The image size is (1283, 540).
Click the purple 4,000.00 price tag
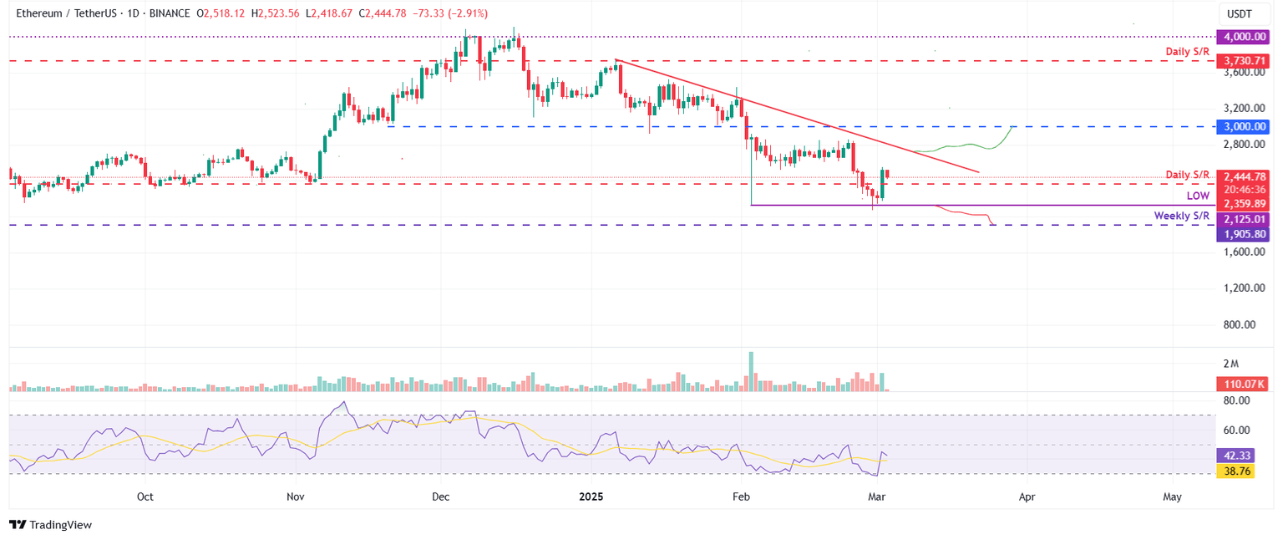(1245, 37)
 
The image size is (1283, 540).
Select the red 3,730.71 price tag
(1245, 61)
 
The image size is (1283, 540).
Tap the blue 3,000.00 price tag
(1245, 126)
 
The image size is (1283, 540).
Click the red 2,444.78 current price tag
(1245, 176)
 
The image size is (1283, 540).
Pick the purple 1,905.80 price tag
(1245, 235)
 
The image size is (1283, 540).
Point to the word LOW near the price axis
(1198, 196)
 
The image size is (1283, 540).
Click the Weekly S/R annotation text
(1182, 216)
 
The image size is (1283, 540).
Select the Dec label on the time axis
(441, 497)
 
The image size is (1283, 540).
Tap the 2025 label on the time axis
(591, 497)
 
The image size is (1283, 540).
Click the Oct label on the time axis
(145, 497)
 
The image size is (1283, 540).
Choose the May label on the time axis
(1172, 497)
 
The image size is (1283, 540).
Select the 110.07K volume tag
(1243, 384)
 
